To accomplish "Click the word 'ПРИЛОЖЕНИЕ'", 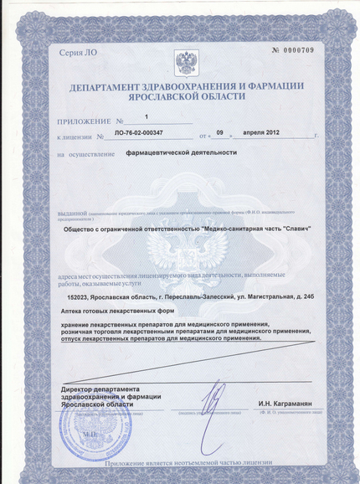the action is (x=84, y=121).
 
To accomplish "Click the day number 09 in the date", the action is (x=220, y=133).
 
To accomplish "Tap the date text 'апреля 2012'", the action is (x=266, y=133).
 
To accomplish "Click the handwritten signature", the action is (x=216, y=396).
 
